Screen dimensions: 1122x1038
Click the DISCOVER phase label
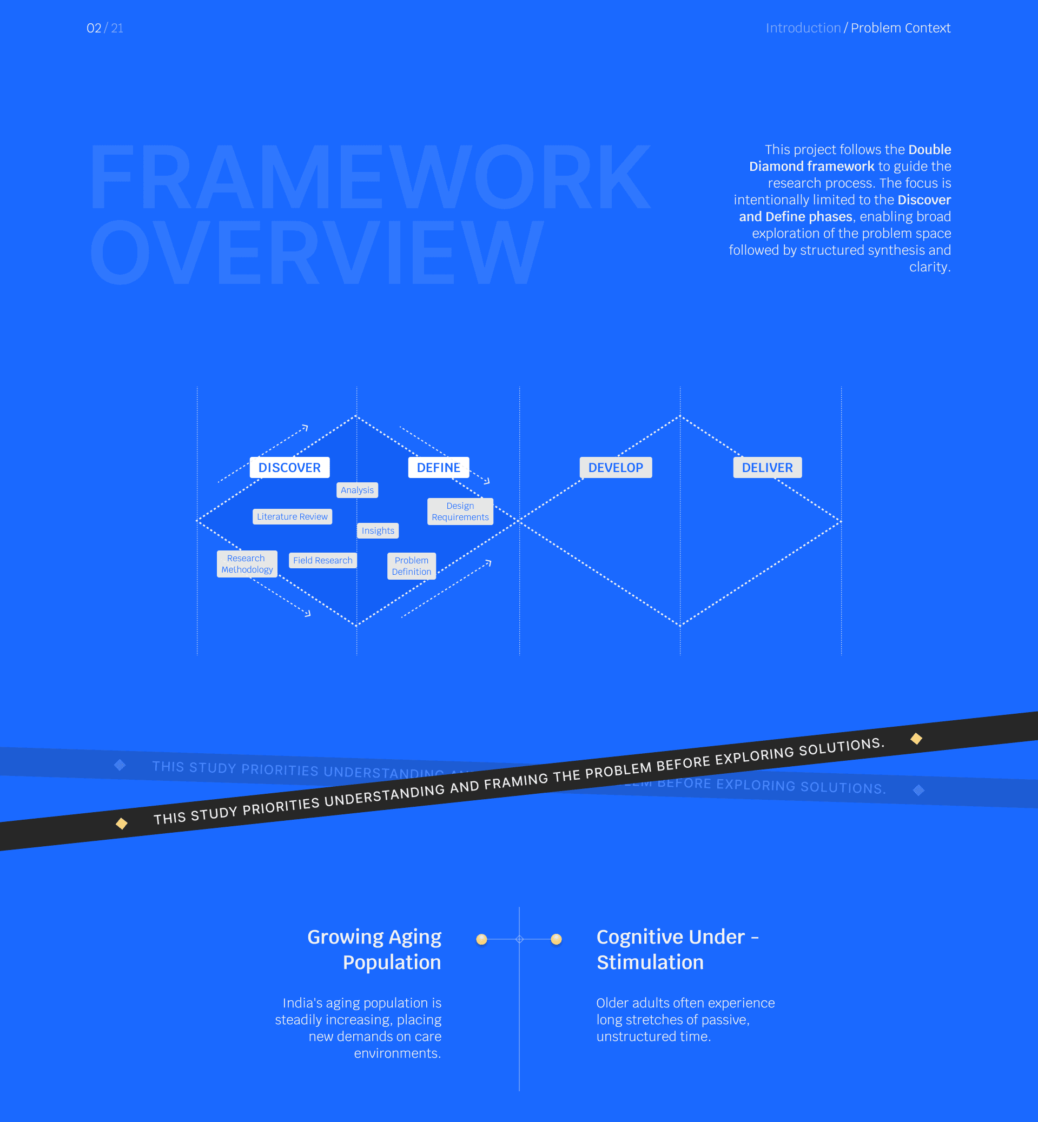coord(289,467)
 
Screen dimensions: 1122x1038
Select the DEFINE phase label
coord(438,467)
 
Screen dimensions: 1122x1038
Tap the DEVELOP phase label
coord(616,467)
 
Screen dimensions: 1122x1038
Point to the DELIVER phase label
coord(767,467)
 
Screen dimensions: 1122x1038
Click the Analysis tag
coord(357,490)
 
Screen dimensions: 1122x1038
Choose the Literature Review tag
coord(292,516)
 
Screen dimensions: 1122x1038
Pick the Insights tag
coord(378,530)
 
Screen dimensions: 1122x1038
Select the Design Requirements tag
coord(460,512)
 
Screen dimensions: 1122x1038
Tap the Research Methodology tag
coord(247,564)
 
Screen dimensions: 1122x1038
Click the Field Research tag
coord(323,560)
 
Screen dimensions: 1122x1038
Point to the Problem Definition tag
coord(412,566)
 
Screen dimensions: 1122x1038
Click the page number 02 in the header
coord(94,28)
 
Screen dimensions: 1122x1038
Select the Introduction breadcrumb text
coord(803,28)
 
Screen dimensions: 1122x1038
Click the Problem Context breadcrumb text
coord(901,28)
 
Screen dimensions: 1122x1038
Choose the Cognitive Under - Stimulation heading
coord(677,949)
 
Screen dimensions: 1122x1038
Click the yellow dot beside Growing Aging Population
coord(481,939)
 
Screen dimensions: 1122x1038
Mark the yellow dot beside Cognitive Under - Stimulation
coord(556,939)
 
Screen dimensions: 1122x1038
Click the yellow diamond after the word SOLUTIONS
coord(916,739)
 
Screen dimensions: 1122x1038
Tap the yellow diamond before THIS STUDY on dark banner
coord(121,823)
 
